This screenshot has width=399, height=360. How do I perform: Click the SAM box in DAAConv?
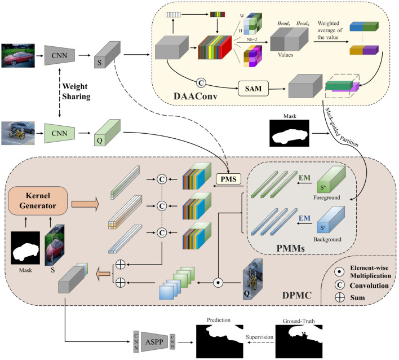click(x=253, y=89)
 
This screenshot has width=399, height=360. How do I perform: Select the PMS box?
click(x=228, y=179)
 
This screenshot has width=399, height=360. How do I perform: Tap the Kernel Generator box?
click(x=38, y=201)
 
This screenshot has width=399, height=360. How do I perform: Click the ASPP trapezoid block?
click(x=154, y=341)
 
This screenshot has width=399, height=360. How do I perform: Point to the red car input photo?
click(x=18, y=55)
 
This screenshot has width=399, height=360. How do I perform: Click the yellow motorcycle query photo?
click(x=18, y=133)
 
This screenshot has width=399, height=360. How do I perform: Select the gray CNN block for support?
click(x=60, y=55)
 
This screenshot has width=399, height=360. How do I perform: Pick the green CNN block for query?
click(x=60, y=133)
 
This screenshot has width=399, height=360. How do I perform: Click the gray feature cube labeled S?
click(x=107, y=55)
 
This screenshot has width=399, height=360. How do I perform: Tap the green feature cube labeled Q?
click(x=107, y=133)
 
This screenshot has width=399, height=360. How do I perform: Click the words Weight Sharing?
click(x=76, y=91)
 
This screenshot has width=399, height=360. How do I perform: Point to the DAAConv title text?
click(x=196, y=96)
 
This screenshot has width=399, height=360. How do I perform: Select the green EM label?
click(x=304, y=178)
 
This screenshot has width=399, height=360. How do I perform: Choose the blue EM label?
click(x=304, y=218)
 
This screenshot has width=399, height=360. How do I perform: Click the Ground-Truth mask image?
click(x=299, y=341)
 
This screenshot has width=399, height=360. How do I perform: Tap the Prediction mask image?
click(x=220, y=341)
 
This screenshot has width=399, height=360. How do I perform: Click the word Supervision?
click(x=259, y=337)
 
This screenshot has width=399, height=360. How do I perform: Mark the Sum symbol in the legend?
click(x=339, y=297)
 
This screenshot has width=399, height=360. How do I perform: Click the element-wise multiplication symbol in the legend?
click(x=339, y=271)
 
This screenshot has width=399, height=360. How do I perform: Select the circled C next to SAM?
click(x=201, y=83)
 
